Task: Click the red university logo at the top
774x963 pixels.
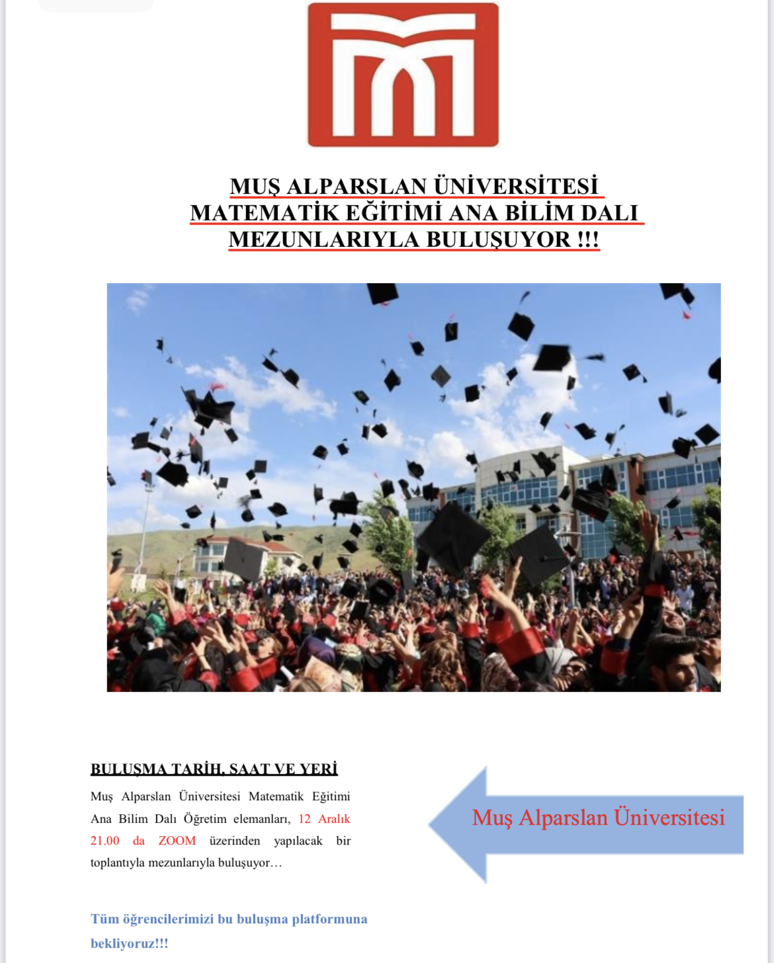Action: [x=403, y=75]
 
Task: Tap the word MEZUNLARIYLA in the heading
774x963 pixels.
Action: [x=323, y=239]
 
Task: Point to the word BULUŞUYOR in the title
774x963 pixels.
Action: [x=498, y=239]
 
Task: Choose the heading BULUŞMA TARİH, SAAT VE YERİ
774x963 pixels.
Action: [x=214, y=769]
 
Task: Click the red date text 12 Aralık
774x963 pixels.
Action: [x=324, y=819]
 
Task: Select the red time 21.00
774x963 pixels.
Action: [x=105, y=841]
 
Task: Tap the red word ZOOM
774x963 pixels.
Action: [x=177, y=841]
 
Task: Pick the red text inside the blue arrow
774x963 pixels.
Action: [x=598, y=817]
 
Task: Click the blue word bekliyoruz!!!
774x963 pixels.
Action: [x=129, y=943]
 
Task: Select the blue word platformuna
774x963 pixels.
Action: [x=329, y=919]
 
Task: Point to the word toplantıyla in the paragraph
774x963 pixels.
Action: [x=116, y=862]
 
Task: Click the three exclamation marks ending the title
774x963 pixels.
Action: [x=587, y=239]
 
